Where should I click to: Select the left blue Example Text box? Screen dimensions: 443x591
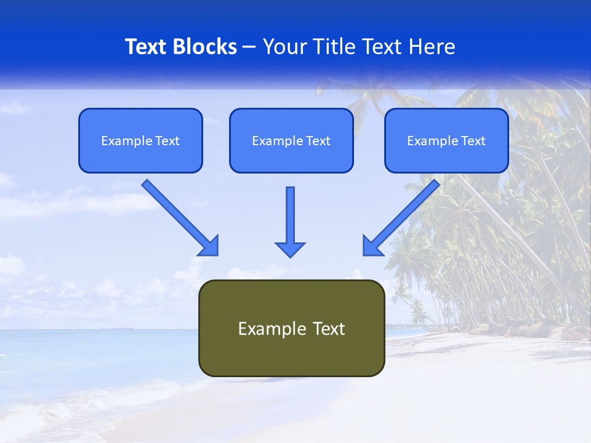pos(140,141)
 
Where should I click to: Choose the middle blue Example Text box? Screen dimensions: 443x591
pos(291,141)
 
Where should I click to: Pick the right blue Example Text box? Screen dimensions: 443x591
pos(446,141)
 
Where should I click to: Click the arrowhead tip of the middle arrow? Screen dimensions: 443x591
pos(290,255)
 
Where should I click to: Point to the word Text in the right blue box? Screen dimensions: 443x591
pos(472,141)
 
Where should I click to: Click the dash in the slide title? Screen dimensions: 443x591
pos(249,47)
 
